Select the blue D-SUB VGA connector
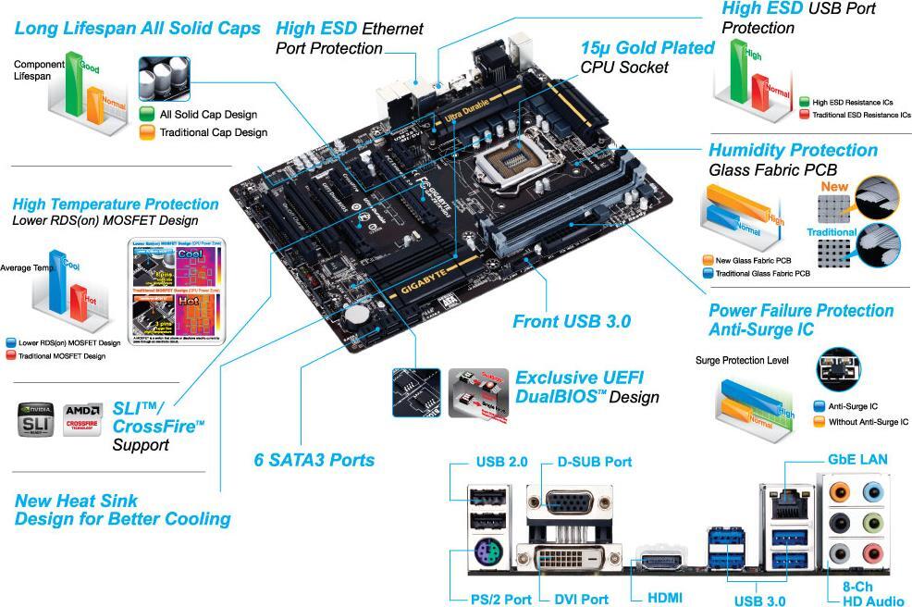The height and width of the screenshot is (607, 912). click(569, 503)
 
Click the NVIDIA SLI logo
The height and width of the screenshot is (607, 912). click(36, 419)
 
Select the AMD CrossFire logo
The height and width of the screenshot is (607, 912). click(82, 419)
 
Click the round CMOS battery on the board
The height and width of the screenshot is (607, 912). click(354, 315)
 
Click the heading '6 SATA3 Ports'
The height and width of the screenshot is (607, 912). click(314, 460)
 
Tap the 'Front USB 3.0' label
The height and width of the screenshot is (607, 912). click(572, 322)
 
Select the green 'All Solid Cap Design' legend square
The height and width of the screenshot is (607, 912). click(147, 115)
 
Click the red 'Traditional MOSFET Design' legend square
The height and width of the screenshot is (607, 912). click(11, 355)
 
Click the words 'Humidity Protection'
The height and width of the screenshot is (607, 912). click(793, 150)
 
